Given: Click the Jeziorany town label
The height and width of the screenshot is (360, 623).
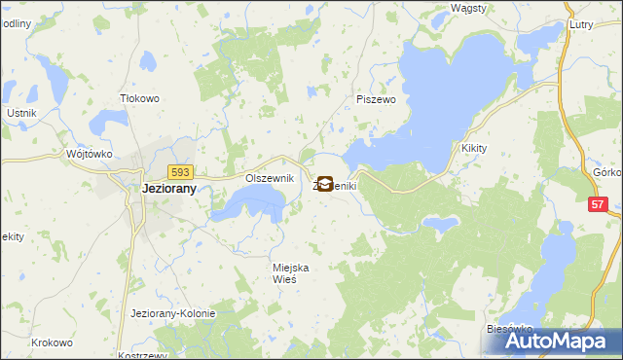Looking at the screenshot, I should tap(156, 190).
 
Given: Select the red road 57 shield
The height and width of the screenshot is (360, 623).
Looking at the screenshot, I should tap(599, 203).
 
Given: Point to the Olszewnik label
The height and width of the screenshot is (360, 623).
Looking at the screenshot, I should tap(269, 178).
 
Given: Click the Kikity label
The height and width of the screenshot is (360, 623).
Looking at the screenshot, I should tap(475, 148).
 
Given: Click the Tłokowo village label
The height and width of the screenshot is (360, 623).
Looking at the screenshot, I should tap(138, 98).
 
